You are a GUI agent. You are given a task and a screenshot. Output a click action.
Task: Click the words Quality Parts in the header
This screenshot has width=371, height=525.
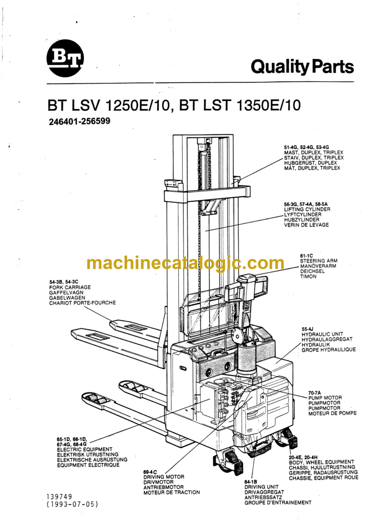coord(302,67)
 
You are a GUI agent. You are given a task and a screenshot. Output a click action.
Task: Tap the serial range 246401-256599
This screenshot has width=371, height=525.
coord(79,122)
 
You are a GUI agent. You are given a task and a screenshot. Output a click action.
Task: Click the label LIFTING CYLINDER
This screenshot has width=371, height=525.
coord(307,209)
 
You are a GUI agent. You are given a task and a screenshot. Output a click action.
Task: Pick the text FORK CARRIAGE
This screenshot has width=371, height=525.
coord(70,287)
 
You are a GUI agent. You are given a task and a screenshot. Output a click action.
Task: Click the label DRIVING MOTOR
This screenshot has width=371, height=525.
coord(164,477)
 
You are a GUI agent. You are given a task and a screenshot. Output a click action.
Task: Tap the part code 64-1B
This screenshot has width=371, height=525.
coord(251,481)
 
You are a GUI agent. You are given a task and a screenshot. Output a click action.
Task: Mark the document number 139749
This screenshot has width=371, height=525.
coord(59,496)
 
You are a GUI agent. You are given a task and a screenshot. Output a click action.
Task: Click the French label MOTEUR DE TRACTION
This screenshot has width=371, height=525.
coord(171,492)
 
